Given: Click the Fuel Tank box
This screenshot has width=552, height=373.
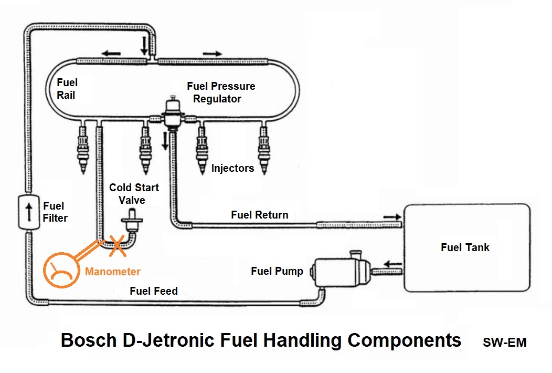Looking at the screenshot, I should tap(466, 247).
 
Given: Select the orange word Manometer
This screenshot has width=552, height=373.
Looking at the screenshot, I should tap(113, 272).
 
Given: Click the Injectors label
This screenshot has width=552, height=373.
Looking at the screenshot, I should tap(232, 168).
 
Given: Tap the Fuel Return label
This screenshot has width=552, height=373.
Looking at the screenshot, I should tap(259, 214).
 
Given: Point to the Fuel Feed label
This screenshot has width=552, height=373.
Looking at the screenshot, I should tap(154, 291).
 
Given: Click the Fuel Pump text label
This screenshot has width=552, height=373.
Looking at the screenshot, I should tap(277, 271).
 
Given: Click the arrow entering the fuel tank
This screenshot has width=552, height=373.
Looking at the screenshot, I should tap(391, 215).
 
